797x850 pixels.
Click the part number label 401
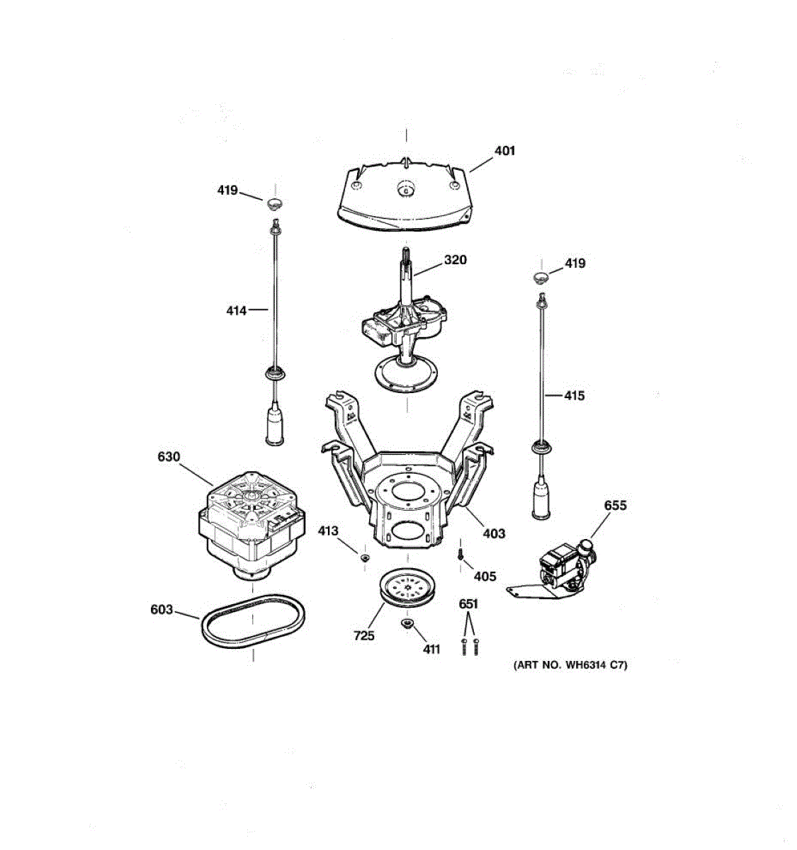(504, 151)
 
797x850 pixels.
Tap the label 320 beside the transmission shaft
(455, 260)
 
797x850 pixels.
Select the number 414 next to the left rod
(236, 310)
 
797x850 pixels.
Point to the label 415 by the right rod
(574, 396)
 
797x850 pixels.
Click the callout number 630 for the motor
(169, 458)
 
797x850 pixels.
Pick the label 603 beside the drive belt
(162, 609)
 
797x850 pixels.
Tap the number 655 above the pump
(615, 506)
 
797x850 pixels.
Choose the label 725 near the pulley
(363, 636)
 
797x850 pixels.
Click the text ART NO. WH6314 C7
(570, 665)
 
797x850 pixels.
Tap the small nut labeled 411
(407, 623)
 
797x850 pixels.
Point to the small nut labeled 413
(365, 558)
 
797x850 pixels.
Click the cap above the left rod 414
(274, 205)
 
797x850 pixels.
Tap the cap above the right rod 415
(541, 277)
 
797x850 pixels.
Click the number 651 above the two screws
(468, 604)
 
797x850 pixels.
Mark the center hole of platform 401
(406, 190)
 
